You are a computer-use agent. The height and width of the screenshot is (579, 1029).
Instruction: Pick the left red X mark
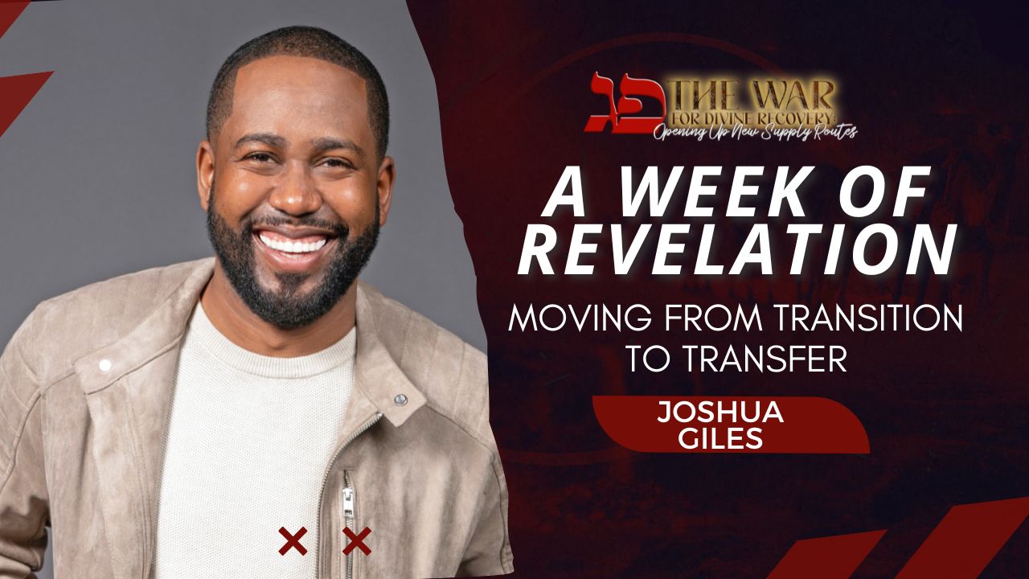tap(292, 541)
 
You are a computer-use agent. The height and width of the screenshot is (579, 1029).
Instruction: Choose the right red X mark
tap(356, 541)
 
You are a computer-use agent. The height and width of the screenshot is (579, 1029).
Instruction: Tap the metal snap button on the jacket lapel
tap(400, 399)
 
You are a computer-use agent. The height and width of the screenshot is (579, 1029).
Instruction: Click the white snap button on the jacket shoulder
tap(105, 365)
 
